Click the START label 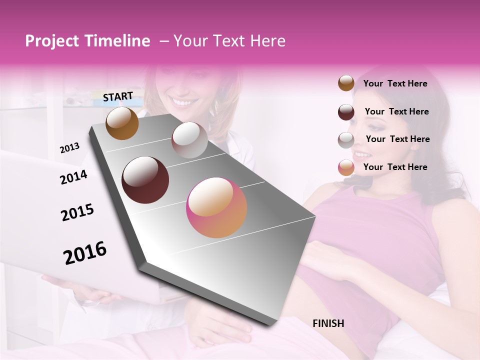coord(118,96)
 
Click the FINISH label coord(328,323)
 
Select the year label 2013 coord(69,147)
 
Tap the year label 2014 coord(73,177)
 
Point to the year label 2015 coord(77,212)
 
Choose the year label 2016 coord(85,253)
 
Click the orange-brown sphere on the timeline coord(122,123)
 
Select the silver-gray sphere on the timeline coord(189,140)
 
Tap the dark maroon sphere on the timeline coord(145,180)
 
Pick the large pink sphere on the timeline coord(216,207)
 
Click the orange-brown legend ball coord(346,83)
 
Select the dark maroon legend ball coord(346,112)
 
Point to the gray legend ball coord(346,140)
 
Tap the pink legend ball coord(346,167)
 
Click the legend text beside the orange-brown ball coord(395,83)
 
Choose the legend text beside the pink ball coord(395,167)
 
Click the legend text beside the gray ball coord(397,139)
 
